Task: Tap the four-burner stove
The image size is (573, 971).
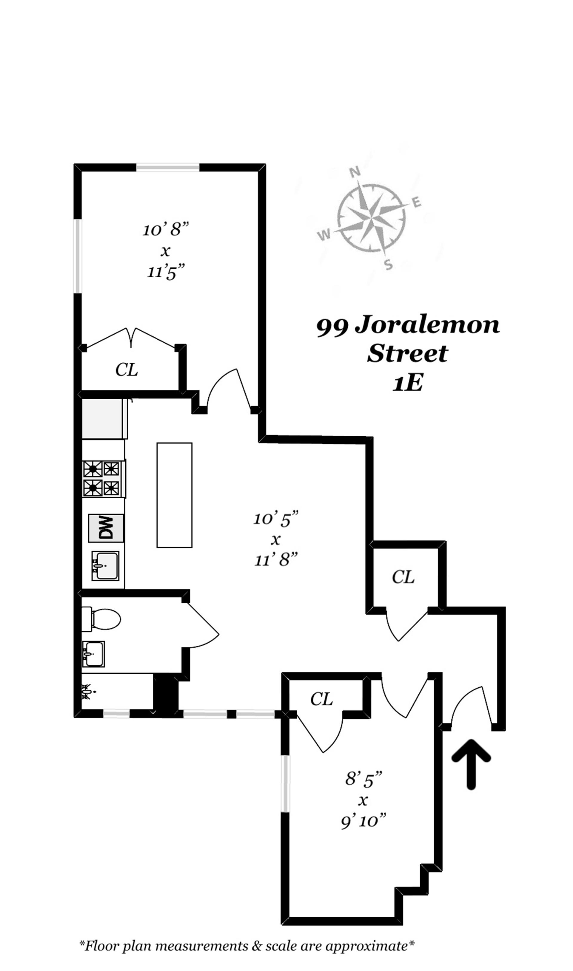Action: (102, 478)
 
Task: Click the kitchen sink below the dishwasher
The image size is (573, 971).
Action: (105, 565)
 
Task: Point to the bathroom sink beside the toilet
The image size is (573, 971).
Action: (93, 654)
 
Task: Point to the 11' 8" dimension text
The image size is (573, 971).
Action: (276, 560)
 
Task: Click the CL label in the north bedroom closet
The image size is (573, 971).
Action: (126, 370)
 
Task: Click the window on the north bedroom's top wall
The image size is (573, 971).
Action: (168, 167)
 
